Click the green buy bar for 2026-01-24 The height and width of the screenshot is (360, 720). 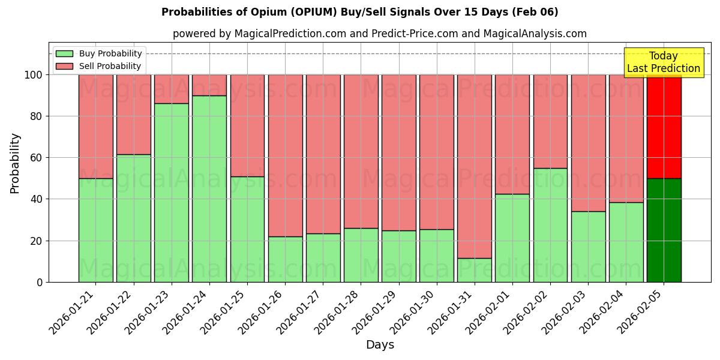pos(209,188)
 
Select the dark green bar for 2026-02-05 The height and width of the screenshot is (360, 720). pos(664,230)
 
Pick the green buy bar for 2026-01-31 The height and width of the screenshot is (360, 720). pos(474,270)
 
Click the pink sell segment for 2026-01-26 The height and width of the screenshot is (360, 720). pos(285,155)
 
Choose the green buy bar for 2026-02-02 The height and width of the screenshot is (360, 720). pos(550,225)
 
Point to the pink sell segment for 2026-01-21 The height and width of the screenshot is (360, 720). pos(96,126)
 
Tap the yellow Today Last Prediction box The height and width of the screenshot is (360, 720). pos(663,62)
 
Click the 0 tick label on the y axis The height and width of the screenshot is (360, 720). pos(40,282)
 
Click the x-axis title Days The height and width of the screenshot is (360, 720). pos(380,345)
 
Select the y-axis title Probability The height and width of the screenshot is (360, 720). pos(15,163)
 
